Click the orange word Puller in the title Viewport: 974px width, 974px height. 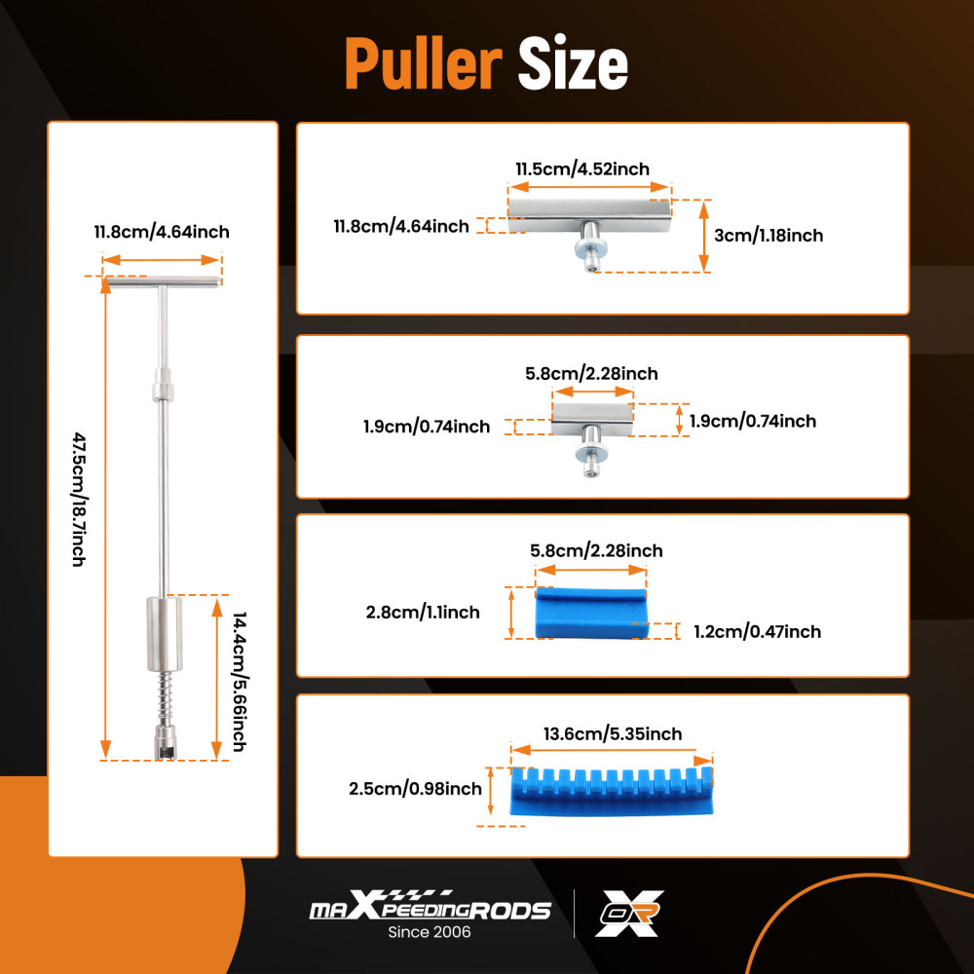click(x=423, y=63)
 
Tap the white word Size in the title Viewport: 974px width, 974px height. click(x=573, y=63)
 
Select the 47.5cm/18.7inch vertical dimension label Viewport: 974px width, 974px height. click(x=79, y=500)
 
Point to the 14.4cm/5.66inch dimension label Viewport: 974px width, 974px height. click(x=240, y=682)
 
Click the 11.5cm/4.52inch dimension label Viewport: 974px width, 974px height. click(x=582, y=169)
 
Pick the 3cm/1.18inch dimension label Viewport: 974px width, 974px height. click(x=768, y=236)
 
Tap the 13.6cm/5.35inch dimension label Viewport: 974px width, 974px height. click(x=613, y=734)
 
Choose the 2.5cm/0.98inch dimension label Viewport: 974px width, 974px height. click(x=415, y=789)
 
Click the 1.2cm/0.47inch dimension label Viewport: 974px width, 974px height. click(x=757, y=632)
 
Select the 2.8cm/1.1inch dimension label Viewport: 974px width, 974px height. click(x=423, y=613)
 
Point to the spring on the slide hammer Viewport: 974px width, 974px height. click(x=166, y=697)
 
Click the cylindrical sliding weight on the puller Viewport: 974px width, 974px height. click(x=165, y=634)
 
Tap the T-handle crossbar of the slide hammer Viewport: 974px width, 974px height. click(x=163, y=282)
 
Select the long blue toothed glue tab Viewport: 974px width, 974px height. click(x=612, y=792)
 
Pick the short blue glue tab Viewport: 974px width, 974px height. click(x=591, y=613)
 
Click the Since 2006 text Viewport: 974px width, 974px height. click(x=430, y=932)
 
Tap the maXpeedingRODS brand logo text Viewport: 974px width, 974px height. click(x=430, y=906)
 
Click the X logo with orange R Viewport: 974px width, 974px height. click(x=629, y=914)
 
